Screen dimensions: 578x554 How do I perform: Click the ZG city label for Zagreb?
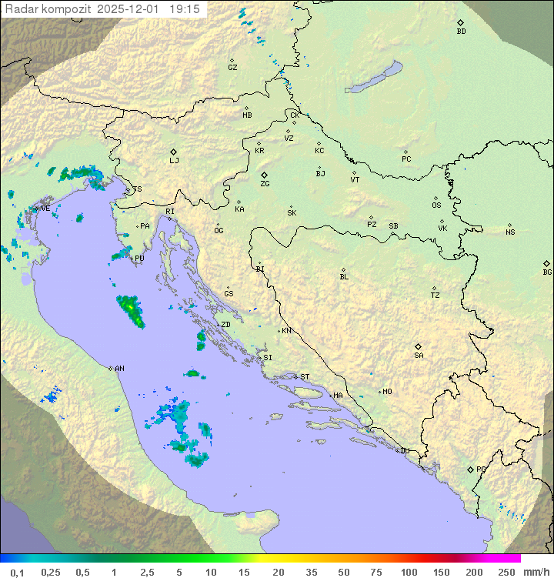[265, 184]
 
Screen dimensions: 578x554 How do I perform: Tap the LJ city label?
[174, 161]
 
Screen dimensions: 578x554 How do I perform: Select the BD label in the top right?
[461, 32]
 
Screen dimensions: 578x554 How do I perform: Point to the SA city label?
[419, 356]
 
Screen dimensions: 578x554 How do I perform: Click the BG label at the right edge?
[547, 272]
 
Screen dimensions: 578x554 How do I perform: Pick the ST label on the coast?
[305, 377]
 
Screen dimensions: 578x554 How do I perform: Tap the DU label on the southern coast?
[404, 451]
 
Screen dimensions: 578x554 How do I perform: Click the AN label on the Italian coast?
[119, 369]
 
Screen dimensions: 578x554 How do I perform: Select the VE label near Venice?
[45, 209]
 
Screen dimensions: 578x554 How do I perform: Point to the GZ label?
[232, 68]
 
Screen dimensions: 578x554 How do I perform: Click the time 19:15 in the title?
[185, 8]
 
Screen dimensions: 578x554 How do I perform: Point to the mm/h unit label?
[536, 572]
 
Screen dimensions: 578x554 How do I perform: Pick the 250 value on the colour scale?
[506, 572]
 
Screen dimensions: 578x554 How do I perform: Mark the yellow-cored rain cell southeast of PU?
[131, 309]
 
